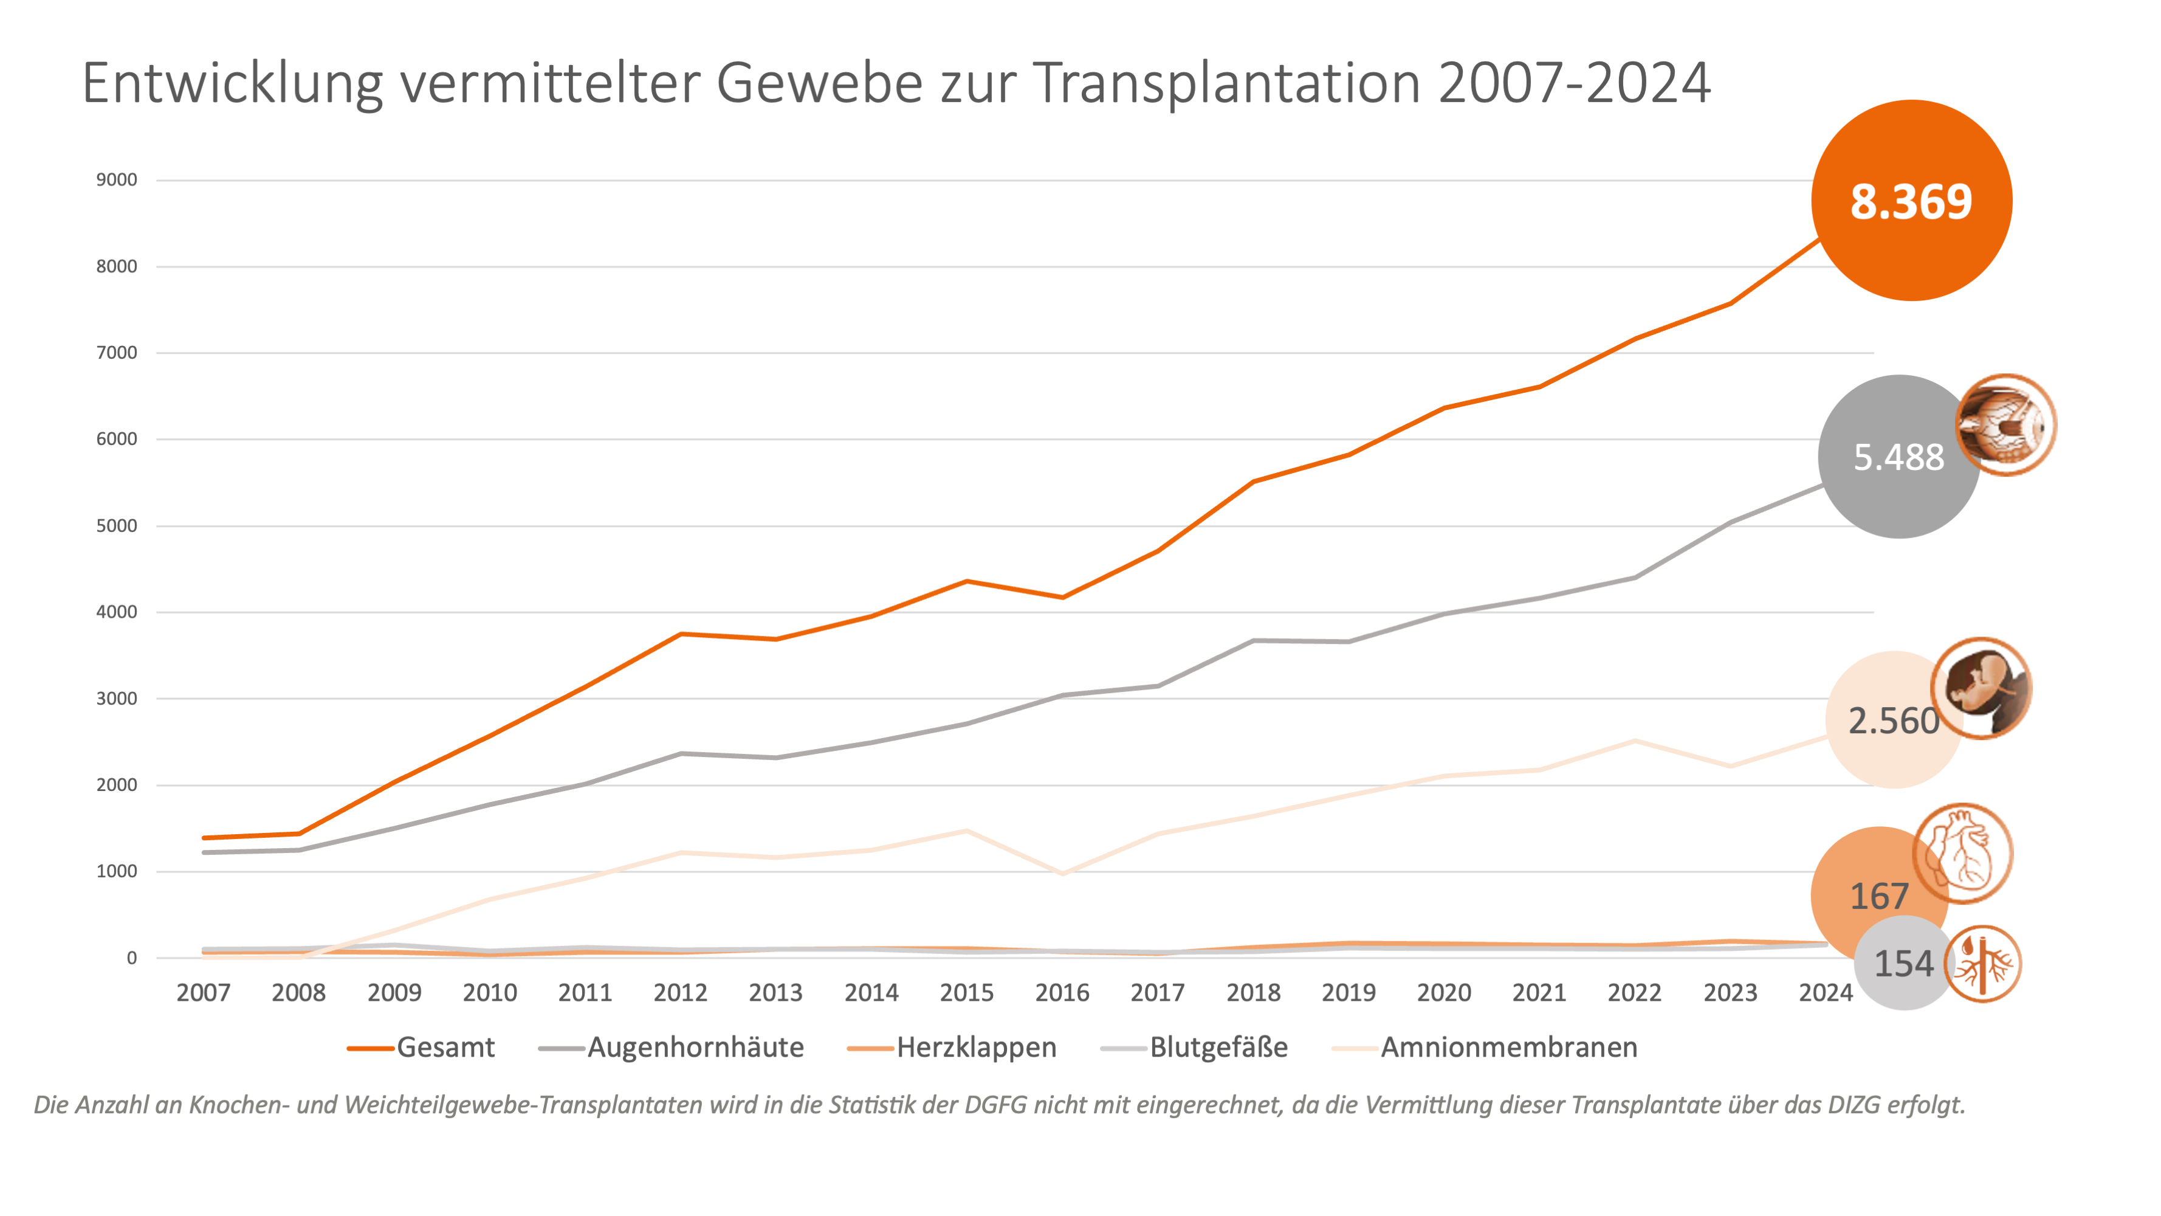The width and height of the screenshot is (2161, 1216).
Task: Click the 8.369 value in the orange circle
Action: point(1911,201)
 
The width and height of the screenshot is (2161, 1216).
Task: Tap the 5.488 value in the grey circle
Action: point(1898,457)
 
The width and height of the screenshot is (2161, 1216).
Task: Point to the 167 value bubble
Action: point(1879,896)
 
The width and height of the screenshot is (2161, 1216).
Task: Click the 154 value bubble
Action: point(1903,964)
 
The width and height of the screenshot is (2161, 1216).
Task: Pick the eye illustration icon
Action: point(2006,424)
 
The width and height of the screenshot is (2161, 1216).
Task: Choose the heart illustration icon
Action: point(1963,854)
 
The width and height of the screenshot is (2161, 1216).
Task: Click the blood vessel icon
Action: point(1982,964)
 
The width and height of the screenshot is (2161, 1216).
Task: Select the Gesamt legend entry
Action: point(445,1048)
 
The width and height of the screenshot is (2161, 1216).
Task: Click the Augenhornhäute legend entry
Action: point(695,1048)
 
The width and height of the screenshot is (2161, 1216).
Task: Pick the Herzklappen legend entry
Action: point(975,1048)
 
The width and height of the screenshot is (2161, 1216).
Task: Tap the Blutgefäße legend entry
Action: point(1218,1048)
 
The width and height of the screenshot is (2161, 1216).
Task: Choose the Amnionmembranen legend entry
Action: point(1508,1048)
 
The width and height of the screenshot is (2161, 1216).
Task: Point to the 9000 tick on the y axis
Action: point(117,179)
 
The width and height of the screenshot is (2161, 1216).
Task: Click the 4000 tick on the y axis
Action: point(117,612)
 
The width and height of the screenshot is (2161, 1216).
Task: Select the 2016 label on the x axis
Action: point(1062,993)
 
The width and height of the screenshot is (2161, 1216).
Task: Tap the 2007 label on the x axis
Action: point(203,993)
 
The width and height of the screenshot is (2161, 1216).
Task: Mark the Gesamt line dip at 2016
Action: point(1063,598)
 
